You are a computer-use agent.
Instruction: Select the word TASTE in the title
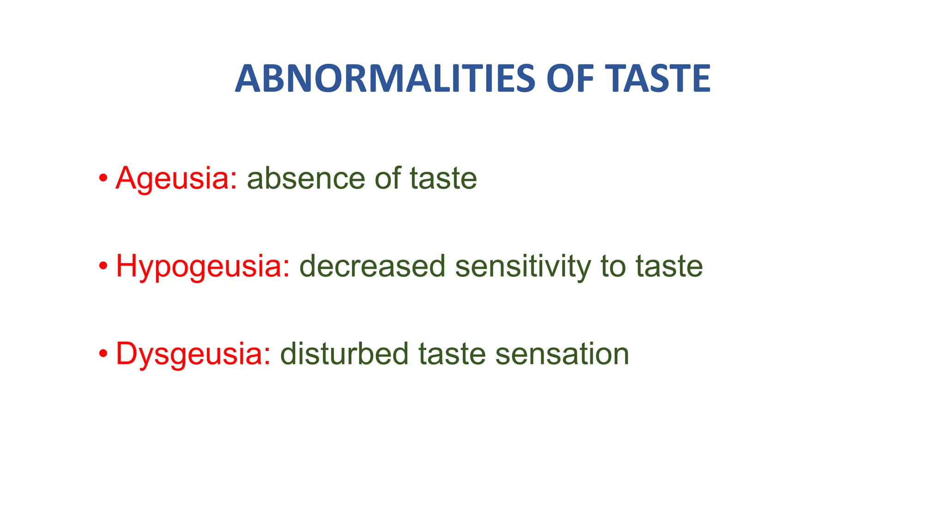pos(658,79)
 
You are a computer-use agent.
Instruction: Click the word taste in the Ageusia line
pos(443,178)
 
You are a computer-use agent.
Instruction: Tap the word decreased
pos(372,266)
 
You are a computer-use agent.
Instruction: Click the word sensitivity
pos(522,266)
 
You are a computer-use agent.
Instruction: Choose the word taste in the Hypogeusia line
pos(669,266)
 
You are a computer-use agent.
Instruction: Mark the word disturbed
pos(344,354)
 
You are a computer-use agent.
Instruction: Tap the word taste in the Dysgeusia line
pos(452,354)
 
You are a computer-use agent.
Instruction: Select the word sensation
pos(562,354)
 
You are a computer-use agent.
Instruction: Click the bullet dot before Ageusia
pos(103,178)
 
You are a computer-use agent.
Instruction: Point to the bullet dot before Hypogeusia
pos(103,266)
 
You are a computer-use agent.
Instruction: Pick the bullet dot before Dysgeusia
pos(103,354)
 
